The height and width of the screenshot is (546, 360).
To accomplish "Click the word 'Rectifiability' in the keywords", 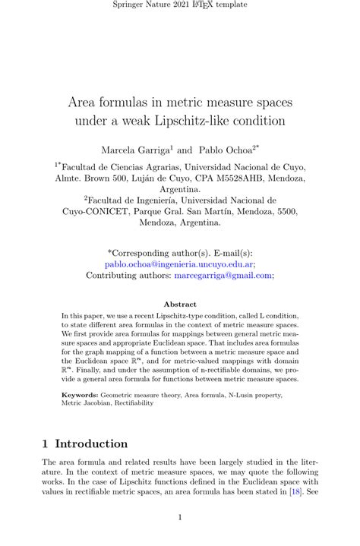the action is [129, 403].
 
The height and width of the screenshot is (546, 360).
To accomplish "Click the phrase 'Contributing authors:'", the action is [129, 276].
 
